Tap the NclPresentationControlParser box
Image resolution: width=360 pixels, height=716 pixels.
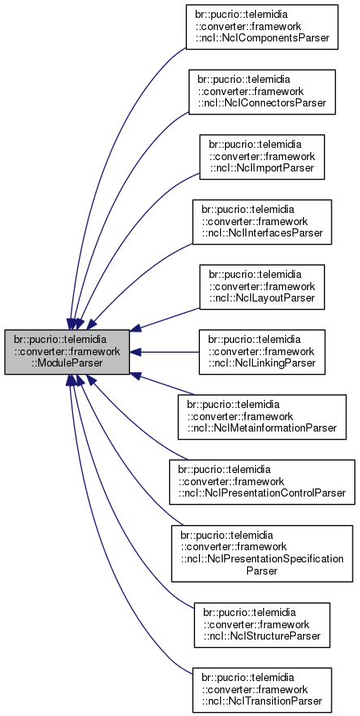pyautogui.click(x=262, y=482)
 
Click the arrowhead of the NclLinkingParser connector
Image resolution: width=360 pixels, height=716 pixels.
pyautogui.click(x=137, y=352)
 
